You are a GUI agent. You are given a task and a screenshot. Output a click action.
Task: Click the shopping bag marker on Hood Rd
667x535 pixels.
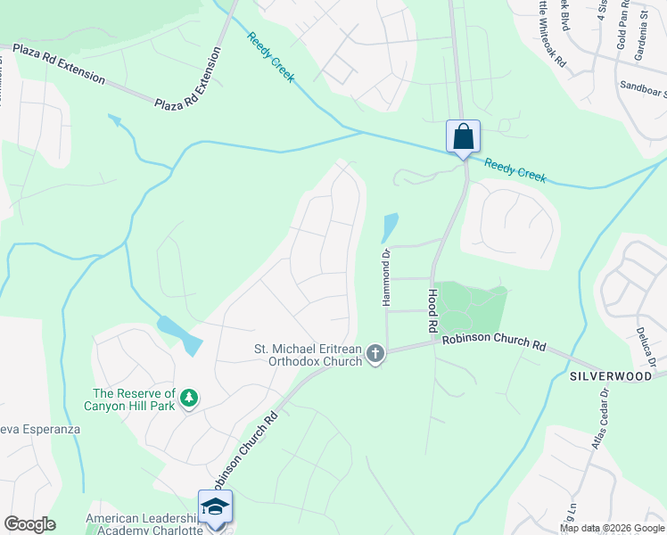click(463, 137)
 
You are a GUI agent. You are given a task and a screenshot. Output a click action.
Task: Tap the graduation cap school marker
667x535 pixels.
click(215, 507)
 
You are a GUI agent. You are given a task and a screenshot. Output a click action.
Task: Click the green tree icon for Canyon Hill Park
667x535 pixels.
click(189, 397)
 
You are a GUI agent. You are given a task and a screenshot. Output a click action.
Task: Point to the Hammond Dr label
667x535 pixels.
click(387, 277)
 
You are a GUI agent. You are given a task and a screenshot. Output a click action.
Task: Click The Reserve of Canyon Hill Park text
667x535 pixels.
click(134, 399)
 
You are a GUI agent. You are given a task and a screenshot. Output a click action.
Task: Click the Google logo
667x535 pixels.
click(29, 524)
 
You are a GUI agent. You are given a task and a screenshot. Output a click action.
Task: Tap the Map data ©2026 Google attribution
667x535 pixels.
click(612, 528)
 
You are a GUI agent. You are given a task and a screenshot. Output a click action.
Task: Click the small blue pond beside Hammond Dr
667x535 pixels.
click(389, 227)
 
